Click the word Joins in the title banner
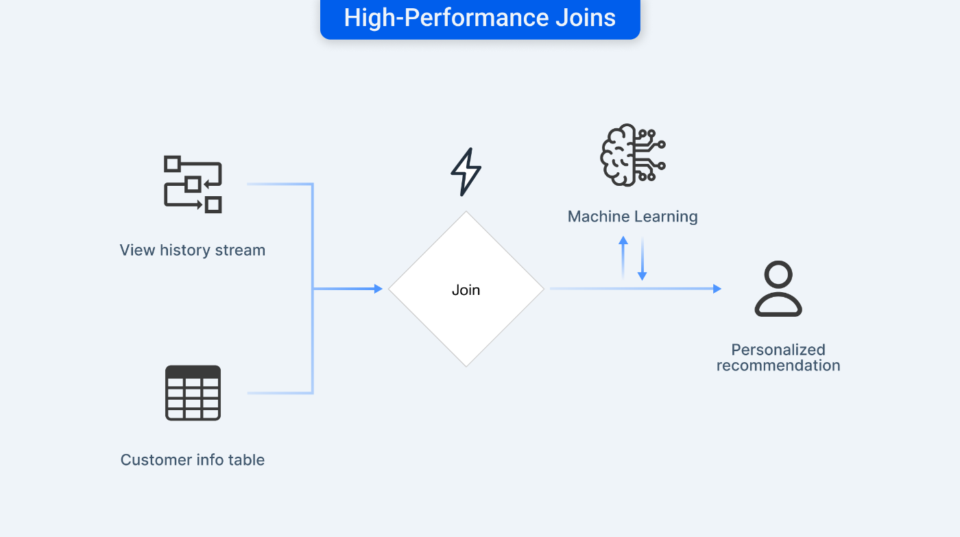(x=586, y=18)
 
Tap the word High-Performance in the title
(x=446, y=19)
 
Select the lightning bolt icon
(x=466, y=172)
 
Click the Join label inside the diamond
(x=466, y=290)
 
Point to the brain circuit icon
(x=632, y=155)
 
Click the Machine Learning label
(x=632, y=217)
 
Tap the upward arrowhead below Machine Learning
(x=623, y=241)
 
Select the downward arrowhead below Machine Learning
(x=642, y=276)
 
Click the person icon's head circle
(x=778, y=274)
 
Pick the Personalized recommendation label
(x=778, y=357)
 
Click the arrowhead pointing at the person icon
(x=717, y=289)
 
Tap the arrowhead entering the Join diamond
(x=378, y=289)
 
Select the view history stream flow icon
(x=193, y=184)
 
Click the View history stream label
(x=193, y=250)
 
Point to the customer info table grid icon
(x=193, y=393)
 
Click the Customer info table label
(x=193, y=460)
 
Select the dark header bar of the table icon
(x=193, y=372)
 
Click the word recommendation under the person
(x=778, y=366)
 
